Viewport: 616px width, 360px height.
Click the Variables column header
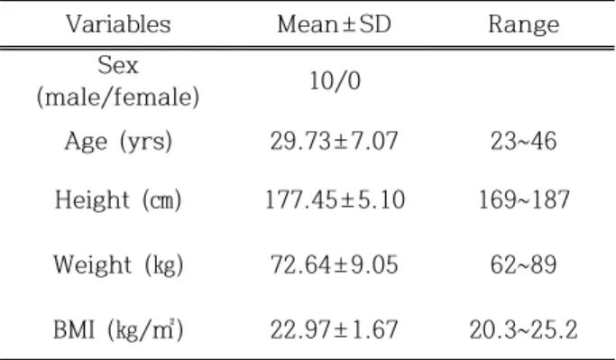[118, 24]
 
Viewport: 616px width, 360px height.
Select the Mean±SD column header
[335, 24]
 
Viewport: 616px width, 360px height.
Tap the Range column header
[524, 25]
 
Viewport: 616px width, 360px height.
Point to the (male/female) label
[118, 97]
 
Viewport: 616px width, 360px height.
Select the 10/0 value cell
[335, 81]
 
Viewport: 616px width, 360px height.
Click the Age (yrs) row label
[118, 142]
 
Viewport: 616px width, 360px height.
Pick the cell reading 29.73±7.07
[334, 141]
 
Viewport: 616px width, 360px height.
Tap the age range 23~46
[524, 141]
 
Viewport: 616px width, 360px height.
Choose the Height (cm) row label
[118, 199]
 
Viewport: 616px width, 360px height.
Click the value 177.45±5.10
[335, 199]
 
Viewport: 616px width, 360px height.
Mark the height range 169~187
[524, 199]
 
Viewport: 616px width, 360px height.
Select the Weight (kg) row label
[118, 265]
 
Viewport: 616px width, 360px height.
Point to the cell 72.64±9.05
[334, 264]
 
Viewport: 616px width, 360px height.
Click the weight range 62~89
[524, 264]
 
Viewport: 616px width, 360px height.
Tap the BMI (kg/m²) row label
[118, 329]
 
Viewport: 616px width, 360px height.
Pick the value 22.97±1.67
[334, 329]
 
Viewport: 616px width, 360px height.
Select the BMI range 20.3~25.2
[524, 329]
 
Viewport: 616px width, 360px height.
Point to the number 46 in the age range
[544, 141]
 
